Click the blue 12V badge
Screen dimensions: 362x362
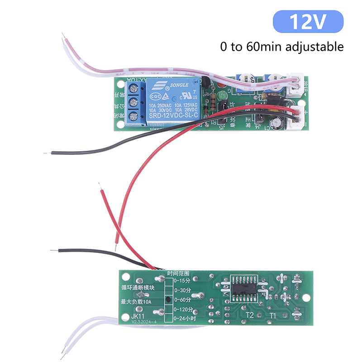[308, 22]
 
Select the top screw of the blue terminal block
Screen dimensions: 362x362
[134, 88]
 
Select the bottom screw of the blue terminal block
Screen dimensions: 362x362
[134, 116]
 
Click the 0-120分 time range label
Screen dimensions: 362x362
[183, 310]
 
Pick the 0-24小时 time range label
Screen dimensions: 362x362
[185, 319]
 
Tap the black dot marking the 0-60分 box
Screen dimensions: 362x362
[168, 300]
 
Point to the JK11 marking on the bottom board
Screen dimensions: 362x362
[138, 316]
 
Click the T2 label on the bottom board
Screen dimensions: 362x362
[250, 315]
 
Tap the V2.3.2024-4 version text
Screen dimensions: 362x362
[144, 322]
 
